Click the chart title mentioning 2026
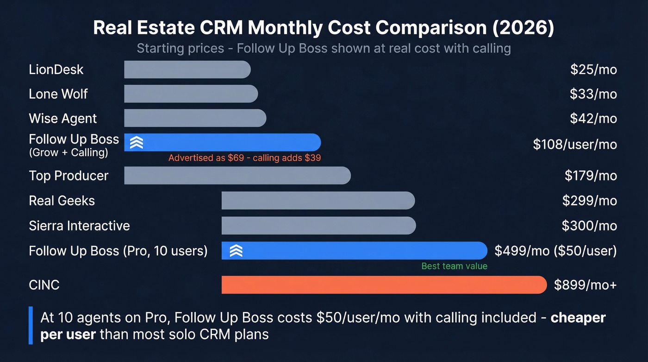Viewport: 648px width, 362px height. click(x=324, y=28)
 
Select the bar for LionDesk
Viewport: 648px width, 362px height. click(x=187, y=70)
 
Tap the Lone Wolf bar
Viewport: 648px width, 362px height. click(x=191, y=94)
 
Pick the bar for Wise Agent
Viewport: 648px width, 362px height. click(x=195, y=118)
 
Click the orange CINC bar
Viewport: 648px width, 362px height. click(x=384, y=285)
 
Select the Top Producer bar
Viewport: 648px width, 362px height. click(x=237, y=176)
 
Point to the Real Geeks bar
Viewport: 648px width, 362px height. click(x=318, y=201)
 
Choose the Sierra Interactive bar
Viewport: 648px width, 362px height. click(x=318, y=226)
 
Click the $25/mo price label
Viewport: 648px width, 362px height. click(x=593, y=70)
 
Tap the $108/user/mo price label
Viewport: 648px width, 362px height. click(x=575, y=144)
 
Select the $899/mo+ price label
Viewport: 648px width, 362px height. click(x=585, y=285)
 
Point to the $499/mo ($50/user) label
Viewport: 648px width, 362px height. click(x=555, y=251)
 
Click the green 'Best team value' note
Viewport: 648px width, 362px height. click(x=454, y=266)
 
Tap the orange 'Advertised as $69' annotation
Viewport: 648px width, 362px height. click(x=244, y=158)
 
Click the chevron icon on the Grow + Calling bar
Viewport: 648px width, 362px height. click(x=136, y=142)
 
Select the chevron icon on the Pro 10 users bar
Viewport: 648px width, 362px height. click(x=236, y=251)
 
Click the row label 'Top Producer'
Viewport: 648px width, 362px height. click(x=69, y=176)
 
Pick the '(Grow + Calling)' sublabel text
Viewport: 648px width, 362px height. click(x=68, y=152)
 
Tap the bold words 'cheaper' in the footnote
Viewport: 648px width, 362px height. click(x=578, y=318)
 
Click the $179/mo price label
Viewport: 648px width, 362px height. click(x=591, y=176)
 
